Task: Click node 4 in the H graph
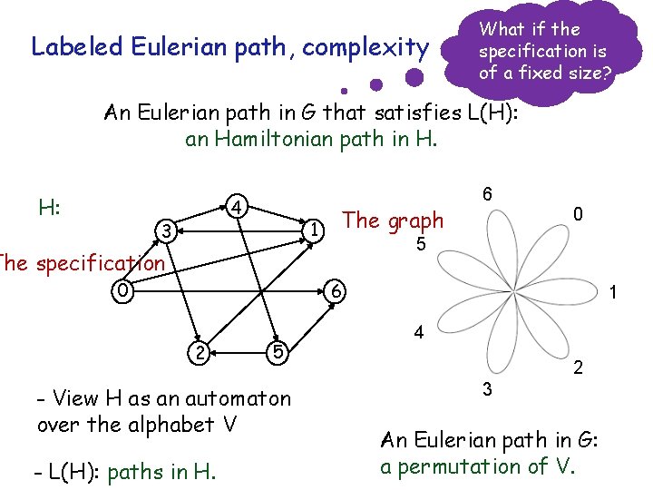pos(236,208)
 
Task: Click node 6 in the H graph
pos(335,292)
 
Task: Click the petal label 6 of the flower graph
pos(487,194)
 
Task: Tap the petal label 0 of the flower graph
pos(578,214)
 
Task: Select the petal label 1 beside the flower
pos(613,294)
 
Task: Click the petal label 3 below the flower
pos(487,390)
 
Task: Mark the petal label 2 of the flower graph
pos(578,368)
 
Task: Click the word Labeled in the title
pos(69,46)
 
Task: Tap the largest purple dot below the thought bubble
pos(414,77)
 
